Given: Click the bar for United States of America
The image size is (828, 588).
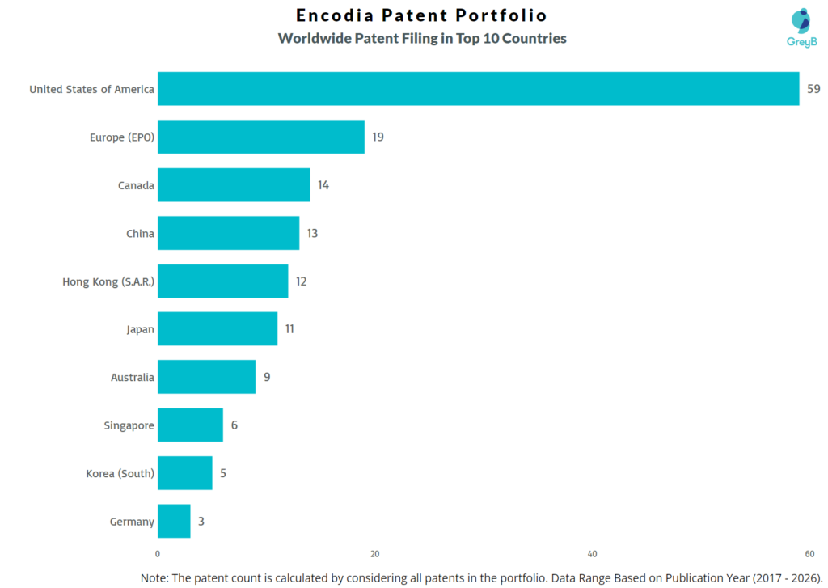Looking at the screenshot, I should tap(478, 89).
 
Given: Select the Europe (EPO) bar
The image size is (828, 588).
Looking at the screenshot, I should tap(260, 137).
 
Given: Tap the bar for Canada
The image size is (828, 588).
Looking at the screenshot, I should tap(234, 185).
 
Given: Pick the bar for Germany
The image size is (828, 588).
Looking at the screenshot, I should tap(174, 522).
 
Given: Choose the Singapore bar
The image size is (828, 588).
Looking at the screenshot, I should tap(190, 425).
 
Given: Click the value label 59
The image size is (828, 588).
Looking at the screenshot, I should tap(813, 89).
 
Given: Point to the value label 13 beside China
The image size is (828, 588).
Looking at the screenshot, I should tap(312, 234).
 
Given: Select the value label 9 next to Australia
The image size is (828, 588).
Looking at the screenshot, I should tap(267, 378).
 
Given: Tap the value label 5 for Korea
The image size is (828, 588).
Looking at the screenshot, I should tap(223, 473).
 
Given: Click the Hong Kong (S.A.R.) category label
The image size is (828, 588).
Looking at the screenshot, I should tap(108, 281).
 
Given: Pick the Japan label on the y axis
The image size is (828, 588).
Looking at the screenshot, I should tap(140, 329).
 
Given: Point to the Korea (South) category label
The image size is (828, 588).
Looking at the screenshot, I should tap(120, 473).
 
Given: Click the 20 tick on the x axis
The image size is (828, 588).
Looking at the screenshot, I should tap(374, 554).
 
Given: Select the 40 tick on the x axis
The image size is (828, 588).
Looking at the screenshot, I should tap(592, 554).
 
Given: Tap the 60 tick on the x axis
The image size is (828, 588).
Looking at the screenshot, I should tap(809, 554).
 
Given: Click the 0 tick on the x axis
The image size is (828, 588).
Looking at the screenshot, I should tap(158, 554).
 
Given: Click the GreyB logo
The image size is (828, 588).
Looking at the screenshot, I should tap(801, 27).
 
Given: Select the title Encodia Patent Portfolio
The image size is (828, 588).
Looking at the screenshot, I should tap(421, 15).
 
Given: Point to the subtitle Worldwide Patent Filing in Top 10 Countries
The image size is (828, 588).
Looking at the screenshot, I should tap(421, 38).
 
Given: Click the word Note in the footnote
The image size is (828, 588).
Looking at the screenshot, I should tap(155, 577).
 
